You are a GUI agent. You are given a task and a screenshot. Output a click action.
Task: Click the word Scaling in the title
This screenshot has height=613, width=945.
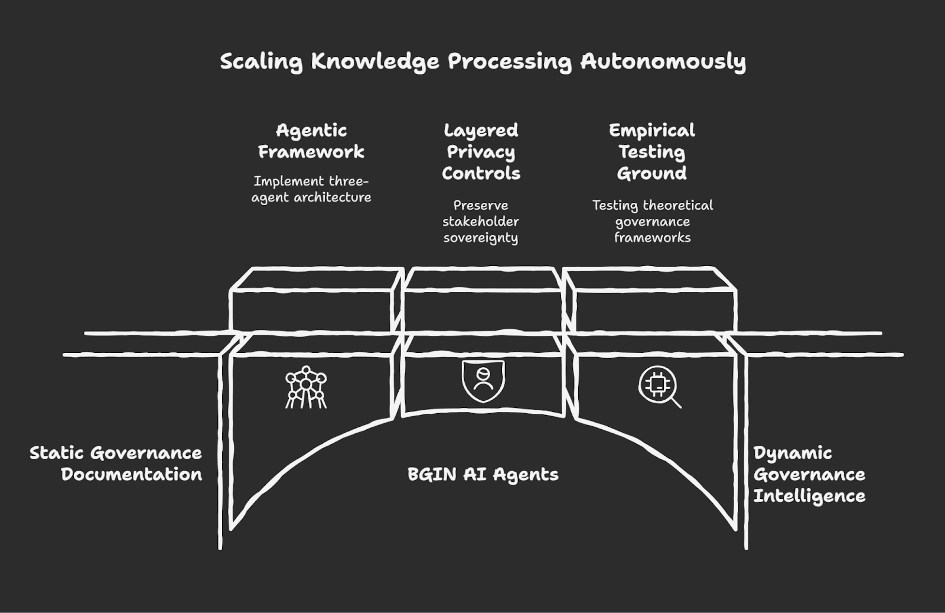pyautogui.click(x=261, y=61)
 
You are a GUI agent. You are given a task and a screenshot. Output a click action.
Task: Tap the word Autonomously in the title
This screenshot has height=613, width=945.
pyautogui.click(x=663, y=61)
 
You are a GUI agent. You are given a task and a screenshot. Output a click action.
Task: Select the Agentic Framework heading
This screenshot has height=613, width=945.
pyautogui.click(x=311, y=141)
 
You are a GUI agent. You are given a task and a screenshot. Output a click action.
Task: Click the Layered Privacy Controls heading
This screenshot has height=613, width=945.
pyautogui.click(x=481, y=151)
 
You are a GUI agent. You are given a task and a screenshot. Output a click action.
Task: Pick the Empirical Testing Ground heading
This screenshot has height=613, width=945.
pyautogui.click(x=652, y=151)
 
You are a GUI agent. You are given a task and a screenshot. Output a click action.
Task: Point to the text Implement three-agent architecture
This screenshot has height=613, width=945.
pyautogui.click(x=311, y=189)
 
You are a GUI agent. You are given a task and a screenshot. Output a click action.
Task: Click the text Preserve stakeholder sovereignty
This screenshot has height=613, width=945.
pyautogui.click(x=481, y=221)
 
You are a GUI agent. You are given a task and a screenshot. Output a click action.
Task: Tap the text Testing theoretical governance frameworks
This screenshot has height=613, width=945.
pyautogui.click(x=653, y=221)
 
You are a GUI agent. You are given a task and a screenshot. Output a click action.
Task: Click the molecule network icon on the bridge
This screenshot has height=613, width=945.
pyautogui.click(x=305, y=387)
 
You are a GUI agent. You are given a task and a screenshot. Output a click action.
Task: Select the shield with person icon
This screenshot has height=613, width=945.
pyautogui.click(x=483, y=381)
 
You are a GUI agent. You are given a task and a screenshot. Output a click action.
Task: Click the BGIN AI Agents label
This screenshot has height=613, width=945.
pyautogui.click(x=483, y=475)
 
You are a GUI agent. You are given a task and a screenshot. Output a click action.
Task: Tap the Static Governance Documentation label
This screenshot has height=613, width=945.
pyautogui.click(x=116, y=463)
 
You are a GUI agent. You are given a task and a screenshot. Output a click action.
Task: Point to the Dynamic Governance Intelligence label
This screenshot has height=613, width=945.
pyautogui.click(x=809, y=475)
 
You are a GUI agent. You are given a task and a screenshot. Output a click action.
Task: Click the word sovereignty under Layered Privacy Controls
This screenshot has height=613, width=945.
pyautogui.click(x=481, y=238)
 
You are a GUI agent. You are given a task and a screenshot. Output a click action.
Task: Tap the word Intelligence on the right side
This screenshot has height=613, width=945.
pyautogui.click(x=809, y=496)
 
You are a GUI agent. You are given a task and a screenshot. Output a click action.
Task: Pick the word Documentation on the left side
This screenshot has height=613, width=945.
pyautogui.click(x=131, y=474)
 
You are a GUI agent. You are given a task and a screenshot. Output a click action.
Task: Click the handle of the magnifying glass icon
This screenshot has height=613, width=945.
pyautogui.click(x=676, y=403)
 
